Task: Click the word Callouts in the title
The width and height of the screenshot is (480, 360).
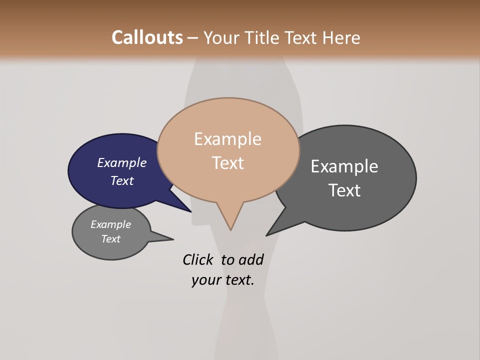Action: (x=147, y=37)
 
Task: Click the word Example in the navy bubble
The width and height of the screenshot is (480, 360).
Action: (x=122, y=162)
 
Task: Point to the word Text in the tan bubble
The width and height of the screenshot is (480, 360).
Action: (x=228, y=163)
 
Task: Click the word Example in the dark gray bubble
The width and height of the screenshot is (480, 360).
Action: (x=344, y=166)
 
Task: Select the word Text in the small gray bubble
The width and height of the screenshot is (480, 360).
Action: (x=111, y=239)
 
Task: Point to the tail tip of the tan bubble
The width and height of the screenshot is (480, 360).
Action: (x=230, y=229)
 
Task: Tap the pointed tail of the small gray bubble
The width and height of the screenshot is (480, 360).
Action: (x=171, y=239)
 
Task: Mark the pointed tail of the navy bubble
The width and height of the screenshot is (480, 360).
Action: (x=190, y=210)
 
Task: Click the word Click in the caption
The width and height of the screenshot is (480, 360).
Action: (x=197, y=259)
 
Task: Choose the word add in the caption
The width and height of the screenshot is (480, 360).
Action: (x=251, y=259)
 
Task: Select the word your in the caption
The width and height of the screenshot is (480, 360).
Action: (x=206, y=280)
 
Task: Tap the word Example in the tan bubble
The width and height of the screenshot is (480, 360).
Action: (x=228, y=139)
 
